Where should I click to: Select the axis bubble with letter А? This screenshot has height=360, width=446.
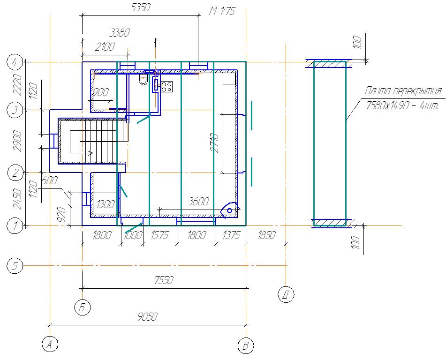[50, 344]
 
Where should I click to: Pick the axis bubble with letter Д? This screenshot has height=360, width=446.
[286, 294]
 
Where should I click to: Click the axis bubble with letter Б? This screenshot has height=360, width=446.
[82, 307]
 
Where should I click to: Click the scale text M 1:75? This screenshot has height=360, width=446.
[222, 11]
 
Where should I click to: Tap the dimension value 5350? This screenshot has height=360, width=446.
[140, 7]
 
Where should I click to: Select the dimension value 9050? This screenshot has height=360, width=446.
[147, 316]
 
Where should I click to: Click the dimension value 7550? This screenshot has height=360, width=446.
[164, 280]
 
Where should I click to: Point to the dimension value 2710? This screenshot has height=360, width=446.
[216, 143]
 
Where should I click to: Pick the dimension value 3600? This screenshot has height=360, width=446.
[198, 202]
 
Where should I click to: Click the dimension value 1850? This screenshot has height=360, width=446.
[266, 235]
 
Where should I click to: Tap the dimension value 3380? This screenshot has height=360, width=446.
[120, 33]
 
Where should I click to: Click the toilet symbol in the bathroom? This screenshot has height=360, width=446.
[144, 80]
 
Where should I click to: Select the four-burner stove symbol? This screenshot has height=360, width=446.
[166, 87]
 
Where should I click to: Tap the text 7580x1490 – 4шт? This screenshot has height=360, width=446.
[402, 106]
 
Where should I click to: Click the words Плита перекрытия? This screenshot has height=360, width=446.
[403, 91]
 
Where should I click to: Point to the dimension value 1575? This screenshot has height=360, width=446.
[159, 235]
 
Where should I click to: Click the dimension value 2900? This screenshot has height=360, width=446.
[18, 141]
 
